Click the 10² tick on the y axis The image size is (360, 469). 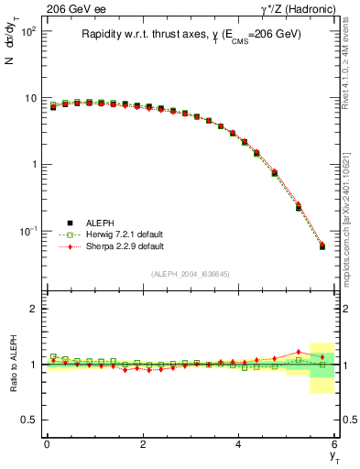pos(27,31)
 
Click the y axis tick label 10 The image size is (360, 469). pos(29,98)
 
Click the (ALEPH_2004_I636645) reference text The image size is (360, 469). pos(191,275)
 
